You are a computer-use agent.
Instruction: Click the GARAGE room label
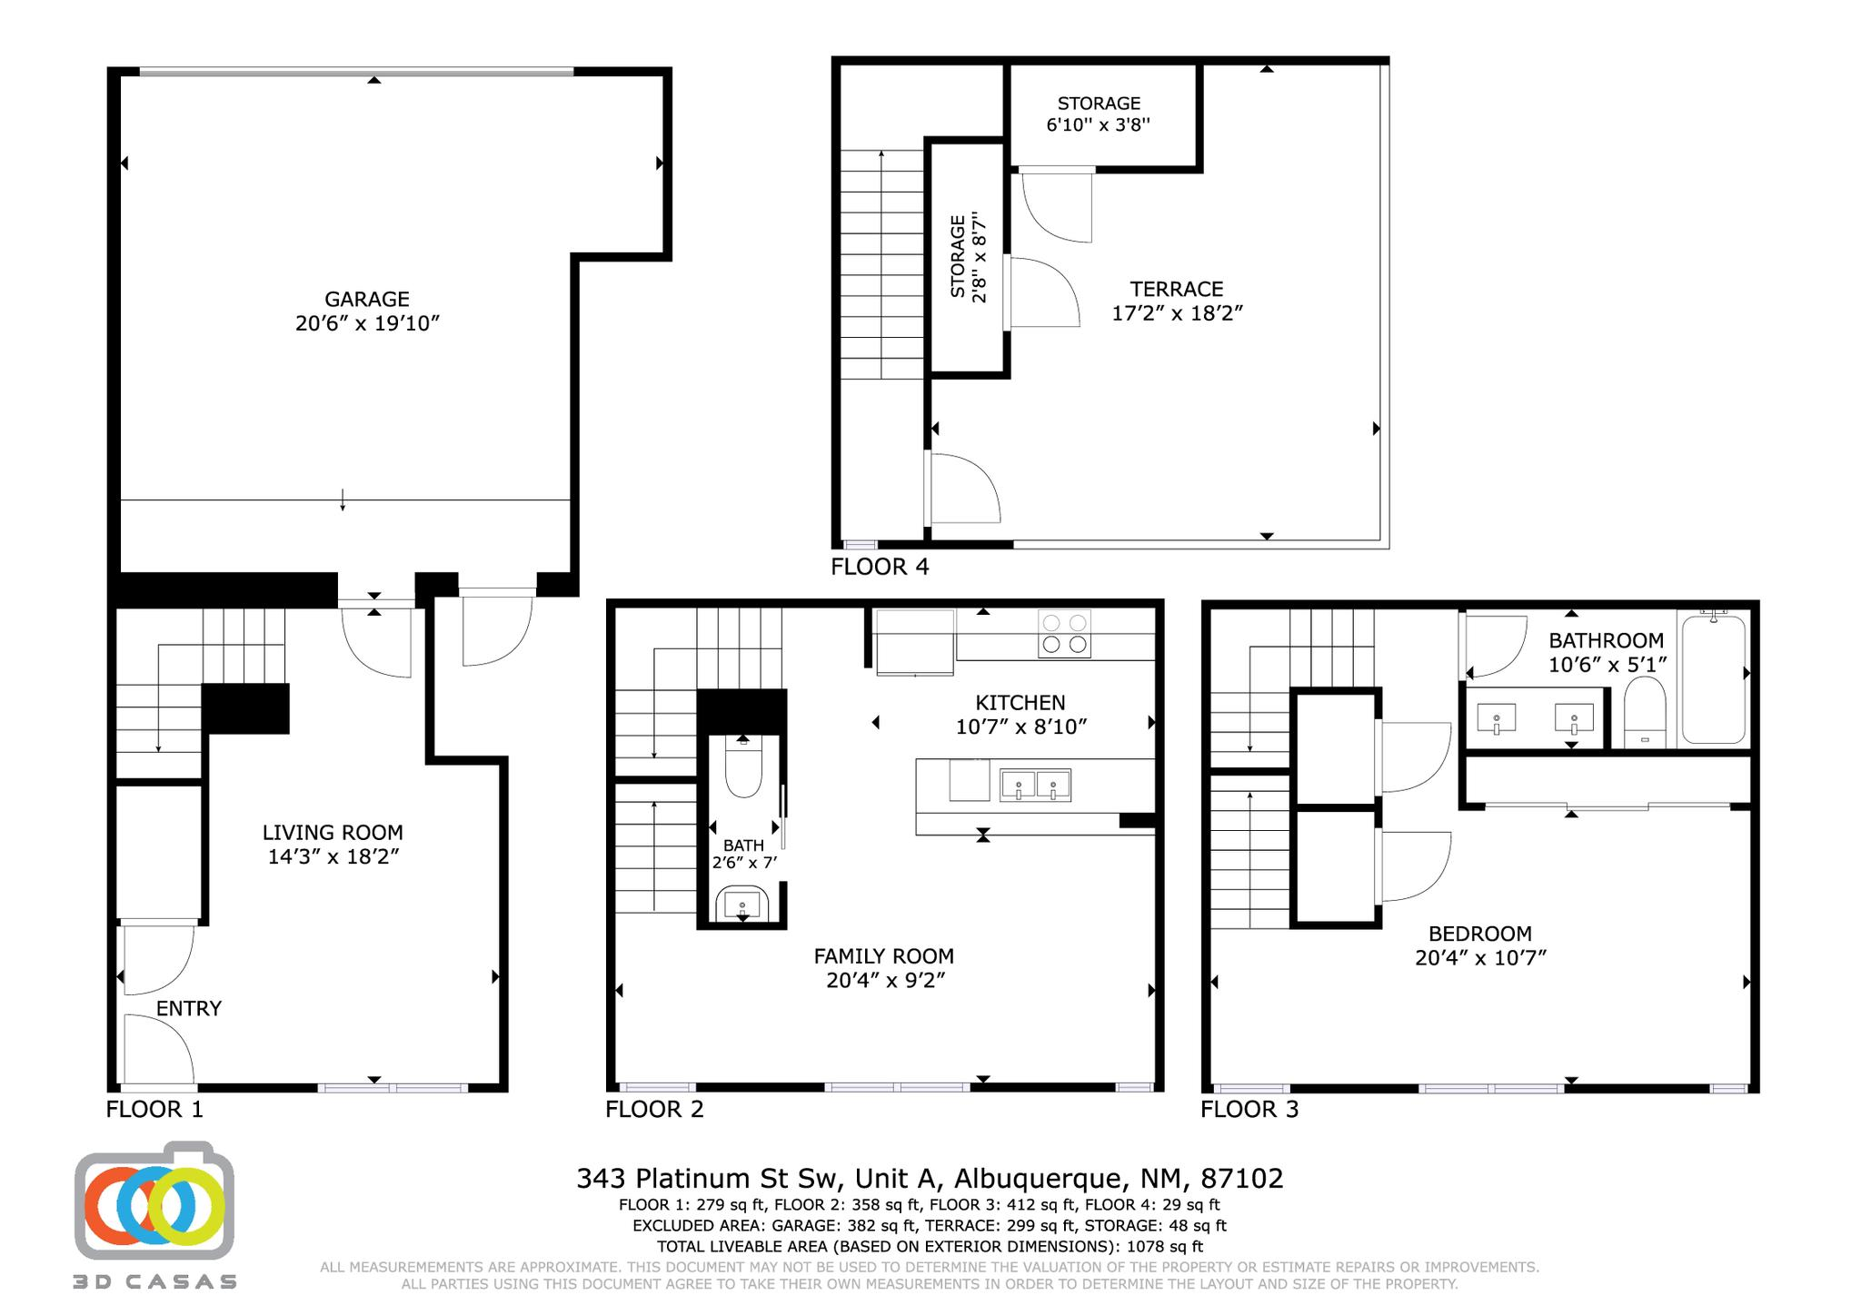click(x=367, y=299)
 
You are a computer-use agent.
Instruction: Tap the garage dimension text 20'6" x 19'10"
click(x=367, y=323)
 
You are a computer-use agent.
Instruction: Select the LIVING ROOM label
click(x=333, y=832)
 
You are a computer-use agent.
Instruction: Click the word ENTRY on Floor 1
click(x=189, y=1008)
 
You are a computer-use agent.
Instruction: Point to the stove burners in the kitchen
click(x=1064, y=634)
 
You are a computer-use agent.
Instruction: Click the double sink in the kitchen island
click(x=1035, y=785)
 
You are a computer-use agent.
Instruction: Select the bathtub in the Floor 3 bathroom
click(x=1714, y=679)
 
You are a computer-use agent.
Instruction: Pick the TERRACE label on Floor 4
click(x=1177, y=289)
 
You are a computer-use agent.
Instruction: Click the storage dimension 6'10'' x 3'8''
click(x=1099, y=125)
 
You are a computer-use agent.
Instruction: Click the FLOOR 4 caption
click(x=880, y=567)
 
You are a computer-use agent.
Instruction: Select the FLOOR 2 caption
click(x=654, y=1109)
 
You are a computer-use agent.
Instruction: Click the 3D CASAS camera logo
click(x=154, y=1203)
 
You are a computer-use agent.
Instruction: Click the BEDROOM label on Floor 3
click(x=1480, y=934)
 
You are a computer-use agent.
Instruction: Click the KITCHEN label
click(x=1020, y=702)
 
